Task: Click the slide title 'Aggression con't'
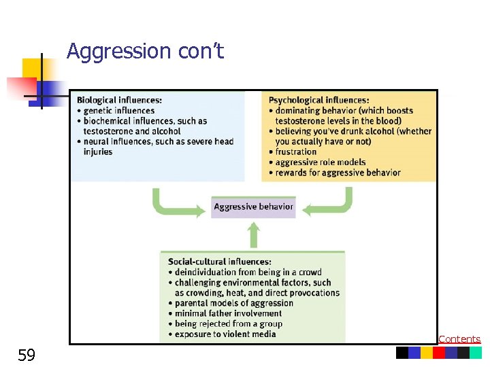[x=145, y=51]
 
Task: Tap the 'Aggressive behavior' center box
[x=253, y=207]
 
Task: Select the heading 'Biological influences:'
[x=119, y=100]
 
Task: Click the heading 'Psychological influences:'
[x=319, y=100]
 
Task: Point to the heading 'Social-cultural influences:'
[x=219, y=262]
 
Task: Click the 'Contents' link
[x=459, y=338]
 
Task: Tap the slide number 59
[x=26, y=355]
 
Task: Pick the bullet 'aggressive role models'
[x=320, y=162]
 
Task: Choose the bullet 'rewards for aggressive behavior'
[x=338, y=173]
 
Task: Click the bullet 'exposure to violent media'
[x=225, y=334]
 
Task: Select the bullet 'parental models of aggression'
[x=233, y=303]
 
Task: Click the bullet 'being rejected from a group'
[x=228, y=324]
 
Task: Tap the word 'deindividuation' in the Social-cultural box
[x=206, y=273]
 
